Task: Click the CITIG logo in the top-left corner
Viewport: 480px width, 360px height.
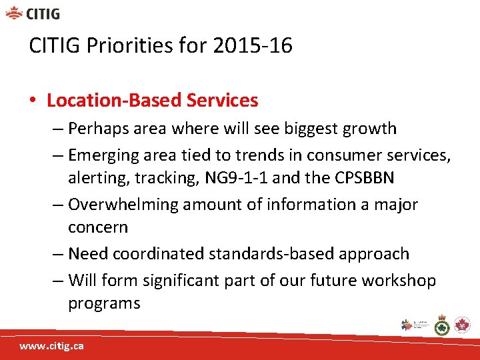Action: coord(33,13)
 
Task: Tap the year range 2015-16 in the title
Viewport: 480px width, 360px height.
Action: coord(253,46)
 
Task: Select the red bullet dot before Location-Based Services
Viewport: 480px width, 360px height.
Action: coord(33,101)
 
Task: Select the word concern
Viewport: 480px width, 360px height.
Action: coord(98,228)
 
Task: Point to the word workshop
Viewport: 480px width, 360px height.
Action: coord(399,281)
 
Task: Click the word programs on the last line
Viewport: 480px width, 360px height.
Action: coord(103,304)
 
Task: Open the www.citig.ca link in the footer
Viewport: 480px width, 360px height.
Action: coord(51,347)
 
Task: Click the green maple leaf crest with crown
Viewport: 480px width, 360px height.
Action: coord(441,325)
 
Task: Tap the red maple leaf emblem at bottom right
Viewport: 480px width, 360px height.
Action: coord(461,325)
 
